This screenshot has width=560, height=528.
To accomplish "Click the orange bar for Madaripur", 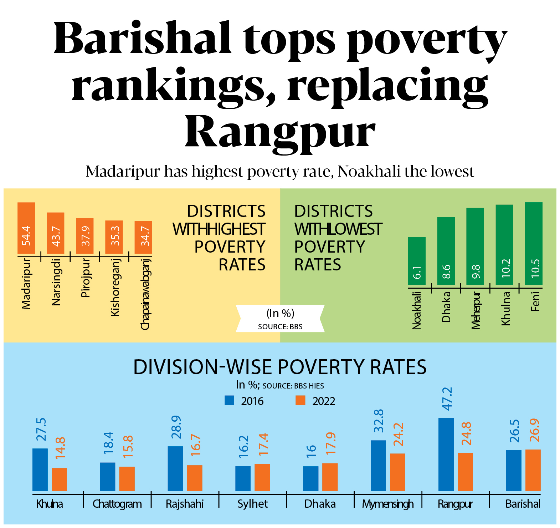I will (x=26, y=228).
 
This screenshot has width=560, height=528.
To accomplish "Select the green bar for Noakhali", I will (x=417, y=261).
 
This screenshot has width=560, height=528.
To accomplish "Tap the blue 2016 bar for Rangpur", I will (x=446, y=455).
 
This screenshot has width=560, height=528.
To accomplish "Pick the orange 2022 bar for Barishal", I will (x=533, y=470).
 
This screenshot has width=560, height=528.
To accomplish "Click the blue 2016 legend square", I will (x=229, y=400).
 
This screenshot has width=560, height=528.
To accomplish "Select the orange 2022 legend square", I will (x=300, y=400).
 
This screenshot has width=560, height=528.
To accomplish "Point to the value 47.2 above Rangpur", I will (x=447, y=399).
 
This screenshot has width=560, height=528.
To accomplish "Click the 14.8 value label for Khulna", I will (x=60, y=448).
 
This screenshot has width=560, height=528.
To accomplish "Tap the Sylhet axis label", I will (x=252, y=504).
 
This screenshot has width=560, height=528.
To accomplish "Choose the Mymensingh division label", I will (x=388, y=504).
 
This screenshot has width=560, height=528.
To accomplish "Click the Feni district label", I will (x=535, y=301).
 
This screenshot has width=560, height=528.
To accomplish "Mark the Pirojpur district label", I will (x=86, y=278).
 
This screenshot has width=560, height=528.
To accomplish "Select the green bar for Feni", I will (x=534, y=243).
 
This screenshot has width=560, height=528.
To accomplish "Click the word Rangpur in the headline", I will (x=280, y=133).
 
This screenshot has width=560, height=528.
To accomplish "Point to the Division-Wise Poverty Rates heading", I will (x=280, y=367).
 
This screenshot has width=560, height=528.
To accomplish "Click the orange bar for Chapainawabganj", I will (x=143, y=237).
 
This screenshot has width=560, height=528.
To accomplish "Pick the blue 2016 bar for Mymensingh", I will (x=378, y=466).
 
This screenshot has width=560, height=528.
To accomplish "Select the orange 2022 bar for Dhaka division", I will (x=330, y=477).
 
